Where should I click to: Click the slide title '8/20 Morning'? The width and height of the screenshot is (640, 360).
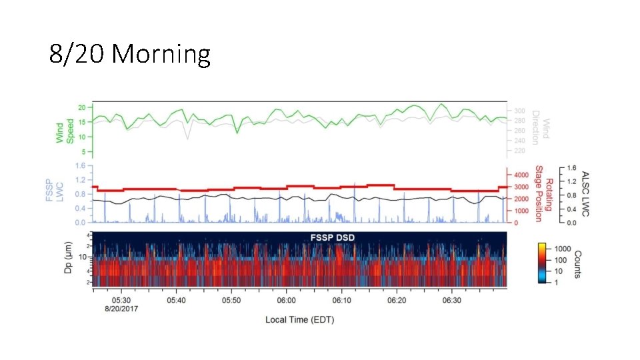pyautogui.click(x=130, y=54)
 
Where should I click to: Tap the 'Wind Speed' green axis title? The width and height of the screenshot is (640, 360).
pyautogui.click(x=65, y=131)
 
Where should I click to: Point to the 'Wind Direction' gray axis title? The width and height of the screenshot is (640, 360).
pyautogui.click(x=541, y=127)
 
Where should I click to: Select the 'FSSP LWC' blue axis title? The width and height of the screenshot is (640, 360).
pyautogui.click(x=54, y=190)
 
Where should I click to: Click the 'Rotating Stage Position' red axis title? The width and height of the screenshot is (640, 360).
pyautogui.click(x=544, y=193)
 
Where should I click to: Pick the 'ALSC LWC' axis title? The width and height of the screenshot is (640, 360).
pyautogui.click(x=586, y=194)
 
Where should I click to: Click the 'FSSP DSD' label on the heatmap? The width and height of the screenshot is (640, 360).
pyautogui.click(x=332, y=237)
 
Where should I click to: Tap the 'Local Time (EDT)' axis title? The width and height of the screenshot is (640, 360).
pyautogui.click(x=299, y=319)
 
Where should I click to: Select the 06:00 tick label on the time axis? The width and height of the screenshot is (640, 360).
pyautogui.click(x=286, y=301)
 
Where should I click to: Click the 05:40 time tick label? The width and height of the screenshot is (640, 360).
pyautogui.click(x=176, y=301)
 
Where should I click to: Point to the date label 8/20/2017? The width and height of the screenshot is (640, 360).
pyautogui.click(x=121, y=309)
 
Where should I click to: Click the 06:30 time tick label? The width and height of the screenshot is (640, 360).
pyautogui.click(x=451, y=301)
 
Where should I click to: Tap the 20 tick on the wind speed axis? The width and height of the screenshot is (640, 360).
pyautogui.click(x=82, y=108)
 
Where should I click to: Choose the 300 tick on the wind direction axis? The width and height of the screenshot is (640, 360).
pyautogui.click(x=519, y=111)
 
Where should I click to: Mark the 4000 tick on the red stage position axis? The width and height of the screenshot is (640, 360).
pyautogui.click(x=521, y=175)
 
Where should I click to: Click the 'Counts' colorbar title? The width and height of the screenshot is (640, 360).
pyautogui.click(x=577, y=265)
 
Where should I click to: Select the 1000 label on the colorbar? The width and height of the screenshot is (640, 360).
pyautogui.click(x=563, y=249)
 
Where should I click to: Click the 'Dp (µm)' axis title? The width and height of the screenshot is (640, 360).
pyautogui.click(x=68, y=257)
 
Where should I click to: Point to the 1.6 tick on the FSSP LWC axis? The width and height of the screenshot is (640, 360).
pyautogui.click(x=81, y=166)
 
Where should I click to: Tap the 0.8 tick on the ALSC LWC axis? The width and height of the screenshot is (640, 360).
pyautogui.click(x=571, y=195)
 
